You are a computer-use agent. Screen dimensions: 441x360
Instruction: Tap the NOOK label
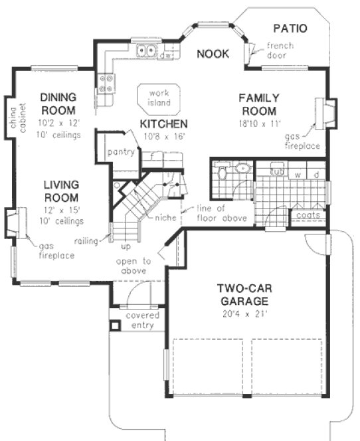coord(213,54)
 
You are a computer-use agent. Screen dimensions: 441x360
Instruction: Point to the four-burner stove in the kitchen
coord(106,82)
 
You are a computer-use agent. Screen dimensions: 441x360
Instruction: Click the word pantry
coord(121,152)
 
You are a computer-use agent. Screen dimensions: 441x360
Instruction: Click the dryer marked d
coord(317,174)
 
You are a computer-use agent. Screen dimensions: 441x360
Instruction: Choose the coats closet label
coord(309,215)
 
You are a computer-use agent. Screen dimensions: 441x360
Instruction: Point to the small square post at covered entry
coord(116,326)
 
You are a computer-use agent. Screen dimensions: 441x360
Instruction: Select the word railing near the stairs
coord(87,240)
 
